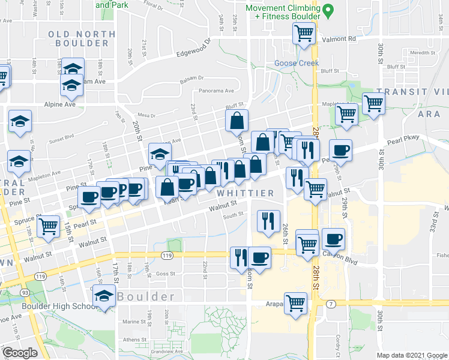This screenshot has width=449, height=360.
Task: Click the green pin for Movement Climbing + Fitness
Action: point(328,11)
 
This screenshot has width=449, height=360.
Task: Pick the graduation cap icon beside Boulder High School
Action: point(104,295)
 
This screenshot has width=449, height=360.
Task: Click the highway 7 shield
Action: point(331,304)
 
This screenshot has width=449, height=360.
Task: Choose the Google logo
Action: point(20,353)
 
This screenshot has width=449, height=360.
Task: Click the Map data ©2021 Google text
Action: point(412,355)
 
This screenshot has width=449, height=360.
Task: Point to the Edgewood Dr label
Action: point(194,49)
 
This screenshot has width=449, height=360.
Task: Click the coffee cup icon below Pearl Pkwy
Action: point(340,150)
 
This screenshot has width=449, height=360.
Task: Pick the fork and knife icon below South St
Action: point(265,221)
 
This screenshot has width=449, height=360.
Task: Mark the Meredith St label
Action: point(423,53)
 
